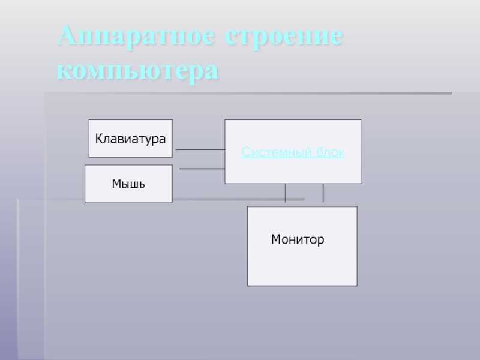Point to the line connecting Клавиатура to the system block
coord(200,149)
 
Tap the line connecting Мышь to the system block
coord(202,169)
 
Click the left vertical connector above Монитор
coord(286,193)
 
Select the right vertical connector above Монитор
coord(323,193)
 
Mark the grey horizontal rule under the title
coord(248,94)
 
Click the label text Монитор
coord(298,240)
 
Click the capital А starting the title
coord(67,38)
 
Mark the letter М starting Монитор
coord(275,240)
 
